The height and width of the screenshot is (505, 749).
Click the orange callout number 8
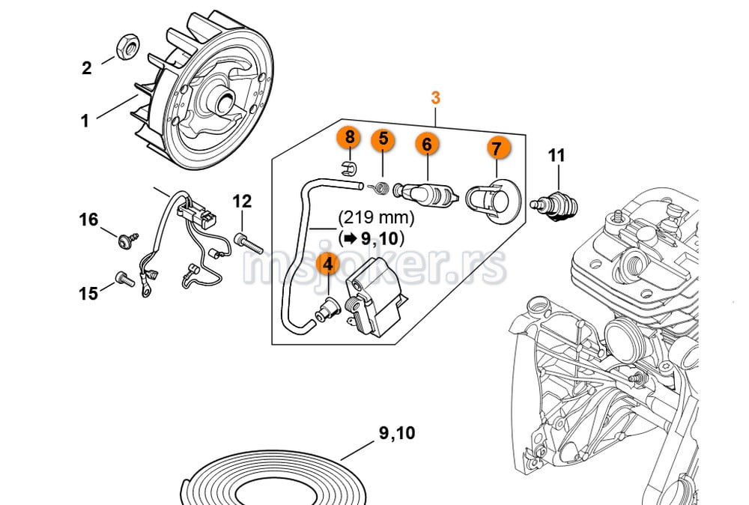(x=348, y=139)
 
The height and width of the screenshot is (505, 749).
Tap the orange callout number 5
(x=383, y=139)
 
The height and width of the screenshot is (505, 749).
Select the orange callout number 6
(x=426, y=143)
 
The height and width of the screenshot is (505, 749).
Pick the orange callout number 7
(x=496, y=148)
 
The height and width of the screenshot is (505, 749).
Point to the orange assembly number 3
(x=436, y=97)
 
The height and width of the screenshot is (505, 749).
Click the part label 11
(x=556, y=156)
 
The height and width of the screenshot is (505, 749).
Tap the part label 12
(x=242, y=201)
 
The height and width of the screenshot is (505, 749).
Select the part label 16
(x=89, y=220)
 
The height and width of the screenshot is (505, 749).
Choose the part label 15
(x=88, y=293)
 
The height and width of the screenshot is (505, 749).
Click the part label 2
(x=87, y=68)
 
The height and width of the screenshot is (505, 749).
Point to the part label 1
(x=85, y=121)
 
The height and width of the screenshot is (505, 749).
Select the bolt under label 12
(x=247, y=242)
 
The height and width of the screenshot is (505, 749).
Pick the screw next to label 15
(x=123, y=279)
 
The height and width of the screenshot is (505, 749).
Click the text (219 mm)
(x=376, y=218)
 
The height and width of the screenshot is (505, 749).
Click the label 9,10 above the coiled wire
(x=396, y=433)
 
